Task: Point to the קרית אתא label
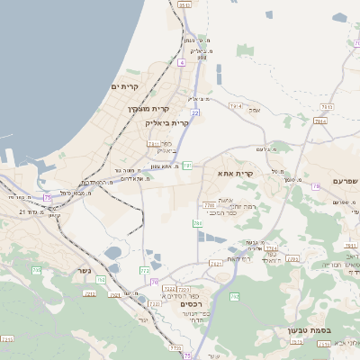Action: (237, 173)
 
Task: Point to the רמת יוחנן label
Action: (227, 206)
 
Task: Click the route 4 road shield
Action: (181, 63)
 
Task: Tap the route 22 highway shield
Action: (195, 112)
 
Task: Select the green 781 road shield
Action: (187, 166)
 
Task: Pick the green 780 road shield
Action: (196, 222)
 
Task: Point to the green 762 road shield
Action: (235, 297)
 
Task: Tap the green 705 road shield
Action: (37, 270)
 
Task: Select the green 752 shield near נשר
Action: (100, 280)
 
